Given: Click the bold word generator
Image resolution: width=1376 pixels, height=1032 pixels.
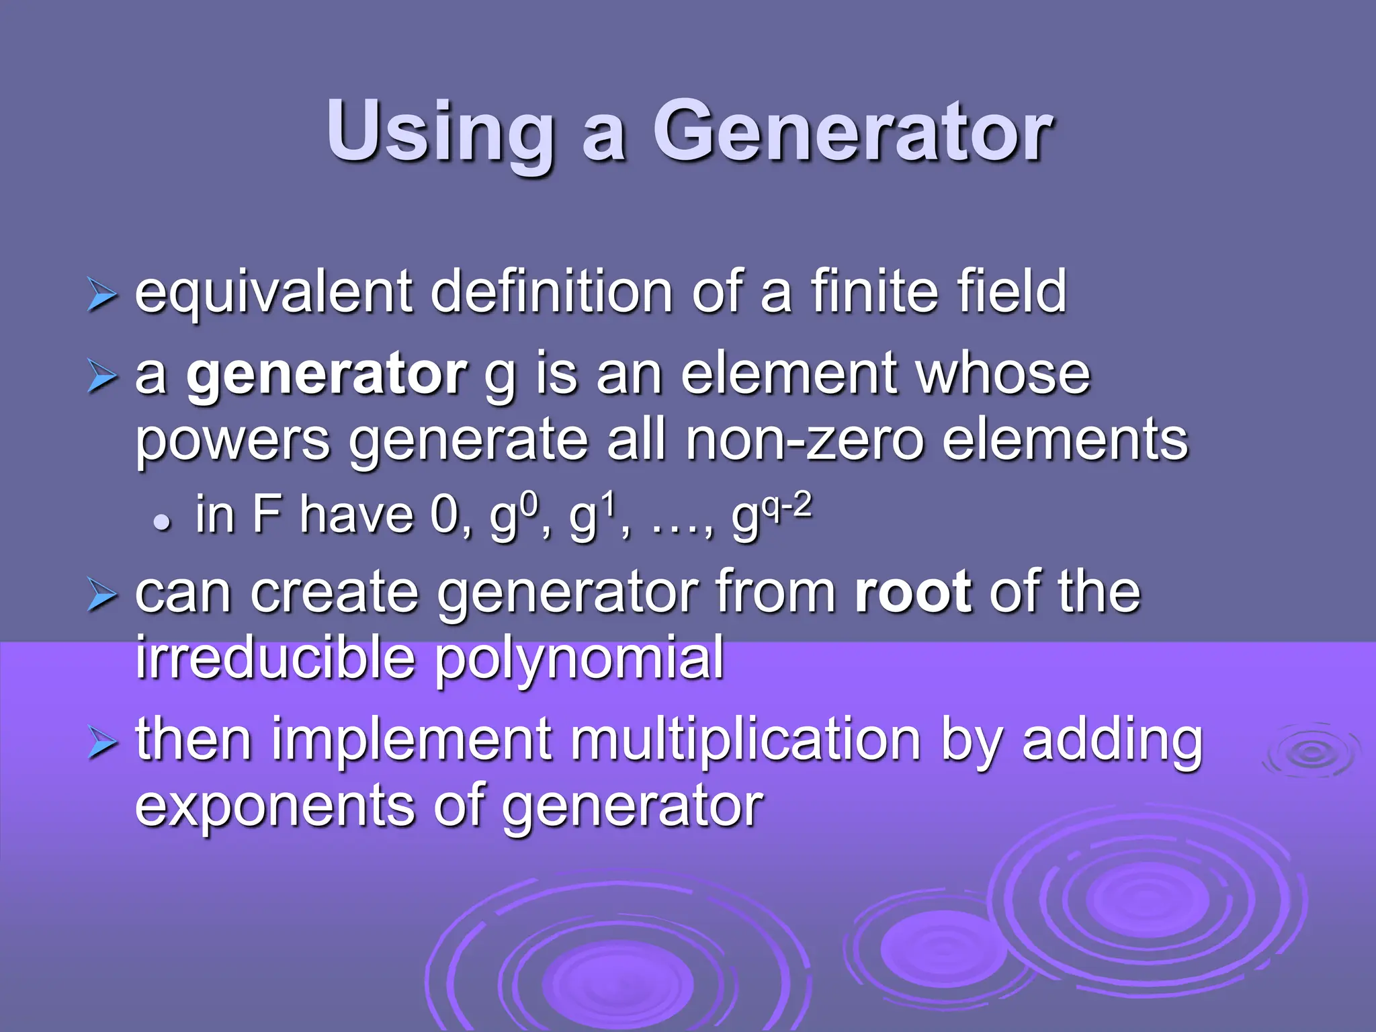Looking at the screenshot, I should click(327, 374).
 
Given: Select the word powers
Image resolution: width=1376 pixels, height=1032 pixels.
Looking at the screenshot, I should click(232, 441).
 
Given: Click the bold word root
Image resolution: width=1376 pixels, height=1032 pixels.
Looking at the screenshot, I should click(913, 592).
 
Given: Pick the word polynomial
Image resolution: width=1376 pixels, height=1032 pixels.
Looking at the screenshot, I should click(579, 658).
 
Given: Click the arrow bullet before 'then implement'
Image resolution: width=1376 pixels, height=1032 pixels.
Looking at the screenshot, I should click(102, 744).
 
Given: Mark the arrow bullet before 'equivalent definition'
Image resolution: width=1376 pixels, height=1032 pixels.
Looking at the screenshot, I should click(102, 296).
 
